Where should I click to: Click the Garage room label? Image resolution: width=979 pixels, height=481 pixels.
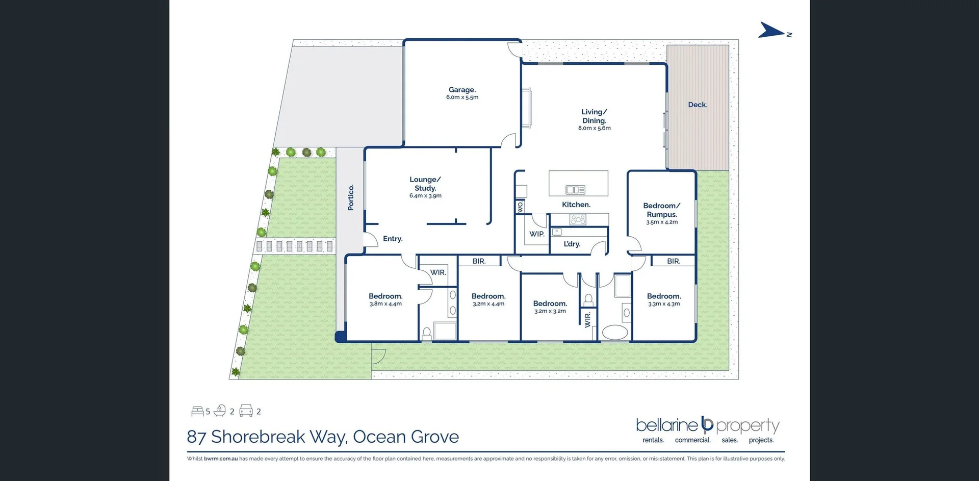pyautogui.click(x=462, y=90)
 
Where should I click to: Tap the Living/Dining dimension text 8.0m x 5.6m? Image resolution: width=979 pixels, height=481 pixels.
pyautogui.click(x=594, y=129)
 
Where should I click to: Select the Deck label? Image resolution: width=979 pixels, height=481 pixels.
pyautogui.click(x=698, y=105)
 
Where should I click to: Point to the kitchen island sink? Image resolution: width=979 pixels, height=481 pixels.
pyautogui.click(x=575, y=190)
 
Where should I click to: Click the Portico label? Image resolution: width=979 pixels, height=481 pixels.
pyautogui.click(x=351, y=197)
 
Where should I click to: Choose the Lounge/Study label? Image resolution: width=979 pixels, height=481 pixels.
pyautogui.click(x=425, y=184)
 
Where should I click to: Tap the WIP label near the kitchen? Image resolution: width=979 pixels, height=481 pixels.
pyautogui.click(x=536, y=234)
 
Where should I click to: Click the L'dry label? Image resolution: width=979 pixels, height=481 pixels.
pyautogui.click(x=572, y=244)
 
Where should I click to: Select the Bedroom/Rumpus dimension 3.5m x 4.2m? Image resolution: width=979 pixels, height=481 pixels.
pyautogui.click(x=662, y=222)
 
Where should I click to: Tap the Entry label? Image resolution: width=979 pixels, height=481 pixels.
pyautogui.click(x=393, y=239)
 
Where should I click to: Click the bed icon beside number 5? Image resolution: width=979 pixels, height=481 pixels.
pyautogui.click(x=197, y=411)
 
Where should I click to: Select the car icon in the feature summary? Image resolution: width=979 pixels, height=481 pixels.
pyautogui.click(x=246, y=411)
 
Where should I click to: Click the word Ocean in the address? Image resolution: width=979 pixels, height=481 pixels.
pyautogui.click(x=379, y=437)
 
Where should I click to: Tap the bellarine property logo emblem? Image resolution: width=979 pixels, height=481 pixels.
pyautogui.click(x=707, y=424)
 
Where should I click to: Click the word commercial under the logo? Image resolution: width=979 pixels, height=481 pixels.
pyautogui.click(x=692, y=440)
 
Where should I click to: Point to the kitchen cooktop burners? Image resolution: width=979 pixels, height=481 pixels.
pyautogui.click(x=578, y=220)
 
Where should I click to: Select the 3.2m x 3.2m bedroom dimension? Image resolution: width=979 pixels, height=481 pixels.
pyautogui.click(x=550, y=311)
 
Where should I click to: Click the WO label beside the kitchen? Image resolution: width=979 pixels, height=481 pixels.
pyautogui.click(x=520, y=207)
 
